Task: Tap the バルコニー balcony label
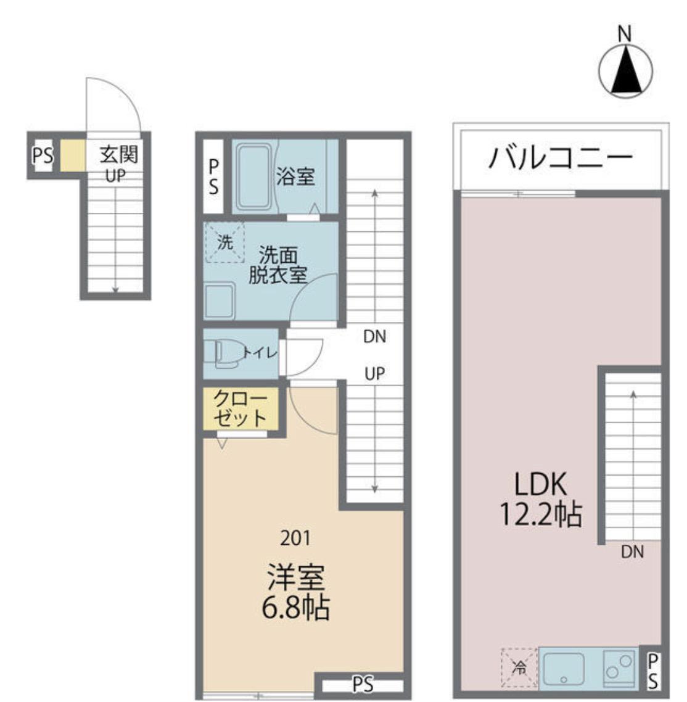pos(561,157)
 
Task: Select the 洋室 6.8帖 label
pos(296,592)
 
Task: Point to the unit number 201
pos(295,538)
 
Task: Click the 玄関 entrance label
pos(118,154)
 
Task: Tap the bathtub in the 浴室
pos(254,177)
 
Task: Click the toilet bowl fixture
pos(225,353)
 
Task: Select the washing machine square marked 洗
pos(224,242)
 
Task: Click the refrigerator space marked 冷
pos(519,667)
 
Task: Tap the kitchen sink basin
pos(564,669)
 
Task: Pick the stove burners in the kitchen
pos(619,668)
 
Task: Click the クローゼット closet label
pos(241,408)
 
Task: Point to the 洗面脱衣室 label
pos(278,265)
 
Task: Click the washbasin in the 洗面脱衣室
pos(220,300)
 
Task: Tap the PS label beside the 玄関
pos(43,156)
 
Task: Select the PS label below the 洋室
pos(363,685)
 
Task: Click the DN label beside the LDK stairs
pos(632,551)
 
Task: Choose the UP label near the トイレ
pos(374,373)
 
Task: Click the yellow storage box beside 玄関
pos(73,155)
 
